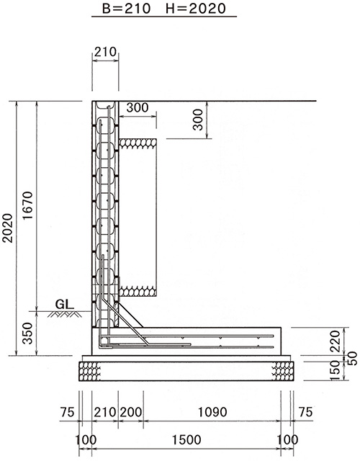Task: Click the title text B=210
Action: (x=127, y=8)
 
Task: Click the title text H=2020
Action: (x=196, y=8)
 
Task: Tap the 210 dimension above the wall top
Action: (x=105, y=52)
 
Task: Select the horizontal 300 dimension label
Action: (x=138, y=107)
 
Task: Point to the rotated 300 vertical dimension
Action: (x=199, y=120)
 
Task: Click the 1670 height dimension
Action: (x=27, y=205)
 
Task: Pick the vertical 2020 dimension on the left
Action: (x=7, y=228)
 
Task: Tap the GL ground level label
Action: (x=64, y=304)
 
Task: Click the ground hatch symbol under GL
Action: (x=65, y=314)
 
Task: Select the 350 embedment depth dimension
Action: (x=27, y=334)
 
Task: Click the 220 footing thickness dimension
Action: (x=335, y=341)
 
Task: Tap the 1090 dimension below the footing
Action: (x=212, y=412)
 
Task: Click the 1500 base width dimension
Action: (x=186, y=440)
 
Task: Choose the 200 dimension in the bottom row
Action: (x=131, y=412)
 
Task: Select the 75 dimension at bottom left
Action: (x=67, y=412)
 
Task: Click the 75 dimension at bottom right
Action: (x=305, y=412)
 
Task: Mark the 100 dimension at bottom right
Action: (x=288, y=440)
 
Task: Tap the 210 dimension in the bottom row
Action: (x=105, y=412)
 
